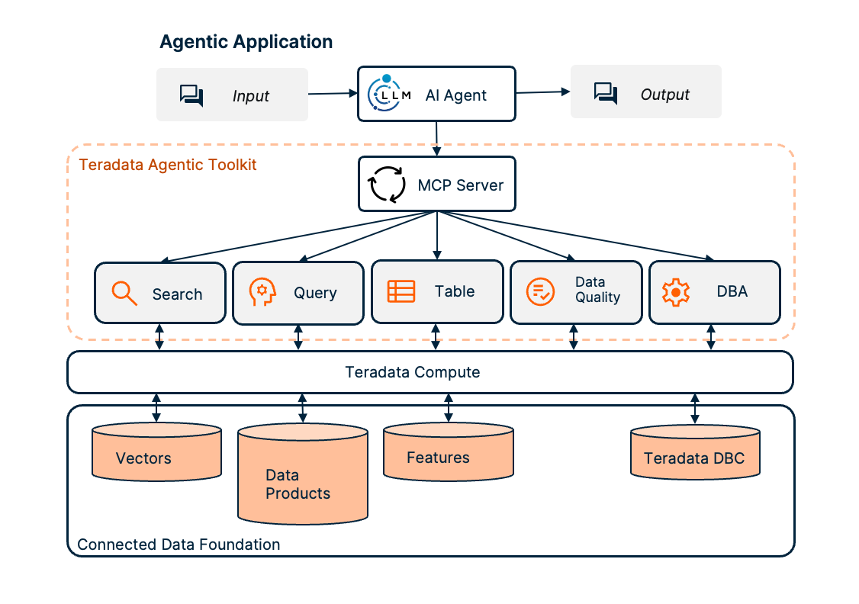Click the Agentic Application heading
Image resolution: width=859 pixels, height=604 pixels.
click(x=246, y=42)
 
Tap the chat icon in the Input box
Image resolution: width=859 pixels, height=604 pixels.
click(x=191, y=95)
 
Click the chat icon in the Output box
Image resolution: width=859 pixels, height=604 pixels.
click(x=606, y=94)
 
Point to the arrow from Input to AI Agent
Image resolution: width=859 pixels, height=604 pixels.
click(x=333, y=94)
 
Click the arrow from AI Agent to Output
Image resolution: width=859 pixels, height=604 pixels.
click(x=543, y=92)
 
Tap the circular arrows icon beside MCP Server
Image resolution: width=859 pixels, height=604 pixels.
click(x=388, y=185)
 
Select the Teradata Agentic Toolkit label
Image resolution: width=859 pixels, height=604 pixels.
click(x=168, y=165)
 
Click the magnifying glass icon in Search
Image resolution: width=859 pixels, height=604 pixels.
click(x=124, y=294)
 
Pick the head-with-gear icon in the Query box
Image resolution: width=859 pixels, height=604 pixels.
click(x=262, y=293)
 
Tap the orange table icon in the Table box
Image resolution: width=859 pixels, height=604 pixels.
click(x=401, y=291)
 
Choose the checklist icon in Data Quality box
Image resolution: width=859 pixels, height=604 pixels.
click(x=541, y=291)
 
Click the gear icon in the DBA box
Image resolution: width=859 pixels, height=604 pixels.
click(x=676, y=292)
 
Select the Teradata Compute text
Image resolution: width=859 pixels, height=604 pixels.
click(x=413, y=372)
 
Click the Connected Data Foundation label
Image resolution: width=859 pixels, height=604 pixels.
click(x=179, y=545)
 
